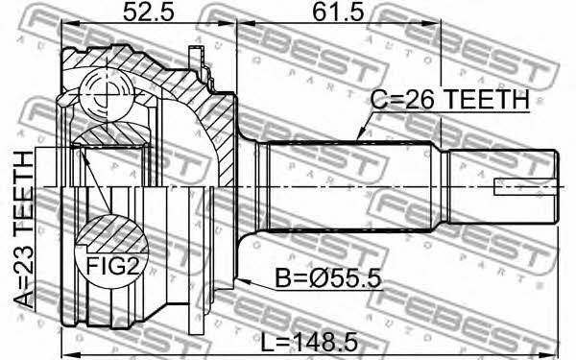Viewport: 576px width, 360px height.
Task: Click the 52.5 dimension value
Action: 148,12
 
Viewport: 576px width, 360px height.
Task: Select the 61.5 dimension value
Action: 338,12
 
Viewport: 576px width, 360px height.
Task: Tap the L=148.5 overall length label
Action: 309,344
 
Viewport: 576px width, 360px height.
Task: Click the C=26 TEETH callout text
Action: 450,100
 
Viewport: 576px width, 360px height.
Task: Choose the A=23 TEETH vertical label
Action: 23,229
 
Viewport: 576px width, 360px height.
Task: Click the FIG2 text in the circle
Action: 112,266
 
